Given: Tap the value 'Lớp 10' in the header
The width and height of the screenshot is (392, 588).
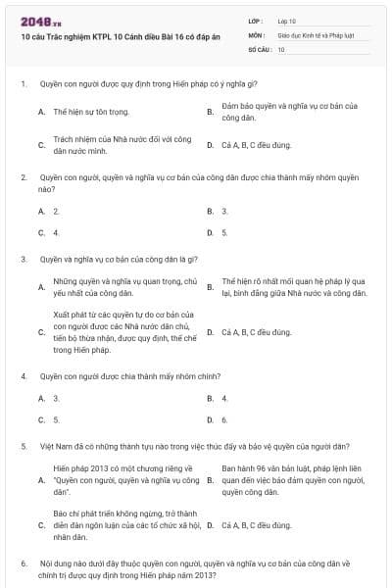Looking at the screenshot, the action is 287,21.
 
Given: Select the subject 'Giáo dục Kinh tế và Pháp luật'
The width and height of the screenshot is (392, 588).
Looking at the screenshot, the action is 312,34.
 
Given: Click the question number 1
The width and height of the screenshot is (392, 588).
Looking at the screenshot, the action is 23,85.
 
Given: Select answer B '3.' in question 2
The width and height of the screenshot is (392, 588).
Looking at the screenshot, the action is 225,211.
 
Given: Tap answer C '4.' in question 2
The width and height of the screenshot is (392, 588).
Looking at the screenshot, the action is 57,232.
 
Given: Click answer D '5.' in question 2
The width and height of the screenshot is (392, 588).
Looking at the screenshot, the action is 225,232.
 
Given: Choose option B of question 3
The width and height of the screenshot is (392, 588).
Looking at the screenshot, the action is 293,286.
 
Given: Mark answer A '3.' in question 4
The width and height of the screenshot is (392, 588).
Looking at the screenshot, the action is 57,398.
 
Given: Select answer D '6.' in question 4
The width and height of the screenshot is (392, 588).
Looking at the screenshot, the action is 225,419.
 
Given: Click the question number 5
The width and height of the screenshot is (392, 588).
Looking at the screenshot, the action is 23,446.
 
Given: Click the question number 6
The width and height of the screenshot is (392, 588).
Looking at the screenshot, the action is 23,564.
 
